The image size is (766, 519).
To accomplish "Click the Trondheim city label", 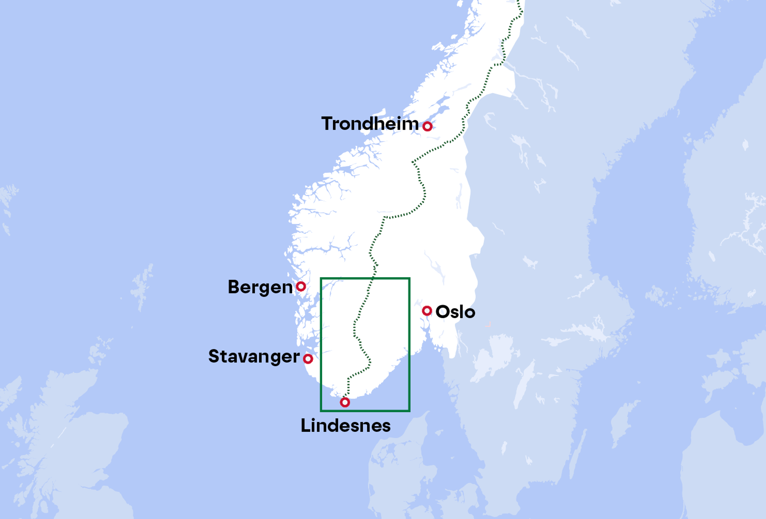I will coord(370,124).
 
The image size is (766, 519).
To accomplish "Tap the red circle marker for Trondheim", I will coord(427,126).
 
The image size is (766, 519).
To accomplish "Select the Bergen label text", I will coord(260,287).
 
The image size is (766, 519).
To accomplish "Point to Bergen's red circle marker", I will coord(301,286).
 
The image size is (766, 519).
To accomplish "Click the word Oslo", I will coord(455,312).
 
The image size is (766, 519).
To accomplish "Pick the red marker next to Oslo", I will coord(427,311).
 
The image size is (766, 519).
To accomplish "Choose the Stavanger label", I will coord(254,356).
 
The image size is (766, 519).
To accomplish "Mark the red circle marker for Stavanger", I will coord(308,358).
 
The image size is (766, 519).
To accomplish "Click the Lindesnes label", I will coord(345,425).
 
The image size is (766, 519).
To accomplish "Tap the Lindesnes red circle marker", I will coord(345,402).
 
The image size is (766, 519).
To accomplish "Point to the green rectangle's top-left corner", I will coord(321,279).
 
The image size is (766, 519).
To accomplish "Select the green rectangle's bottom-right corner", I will coord(409,411).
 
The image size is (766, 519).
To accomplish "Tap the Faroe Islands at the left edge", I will coord(8,198).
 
